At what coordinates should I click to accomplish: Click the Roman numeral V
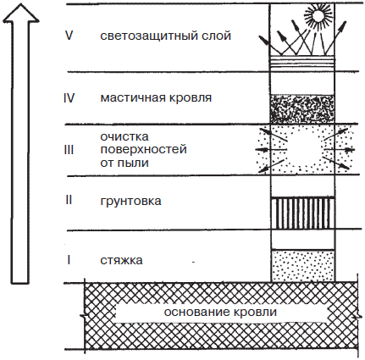(x=69, y=36)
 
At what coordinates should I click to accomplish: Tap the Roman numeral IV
(x=69, y=98)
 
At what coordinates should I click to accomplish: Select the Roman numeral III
(x=69, y=150)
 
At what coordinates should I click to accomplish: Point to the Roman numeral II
(x=69, y=200)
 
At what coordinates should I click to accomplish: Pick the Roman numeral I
(x=69, y=260)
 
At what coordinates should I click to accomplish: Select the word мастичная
(x=133, y=98)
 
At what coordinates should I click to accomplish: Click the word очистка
(x=124, y=136)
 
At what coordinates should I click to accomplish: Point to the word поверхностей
(x=144, y=149)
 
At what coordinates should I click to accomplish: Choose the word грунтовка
(x=130, y=201)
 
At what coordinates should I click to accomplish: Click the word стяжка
(x=121, y=260)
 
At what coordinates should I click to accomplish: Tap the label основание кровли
(x=220, y=312)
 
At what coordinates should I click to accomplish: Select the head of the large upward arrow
(x=20, y=13)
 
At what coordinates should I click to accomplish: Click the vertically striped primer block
(x=302, y=213)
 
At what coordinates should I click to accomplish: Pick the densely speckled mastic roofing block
(x=302, y=109)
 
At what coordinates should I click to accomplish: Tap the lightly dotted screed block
(x=303, y=266)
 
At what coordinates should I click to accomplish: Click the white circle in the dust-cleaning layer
(x=306, y=149)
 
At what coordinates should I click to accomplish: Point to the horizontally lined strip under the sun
(x=302, y=62)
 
